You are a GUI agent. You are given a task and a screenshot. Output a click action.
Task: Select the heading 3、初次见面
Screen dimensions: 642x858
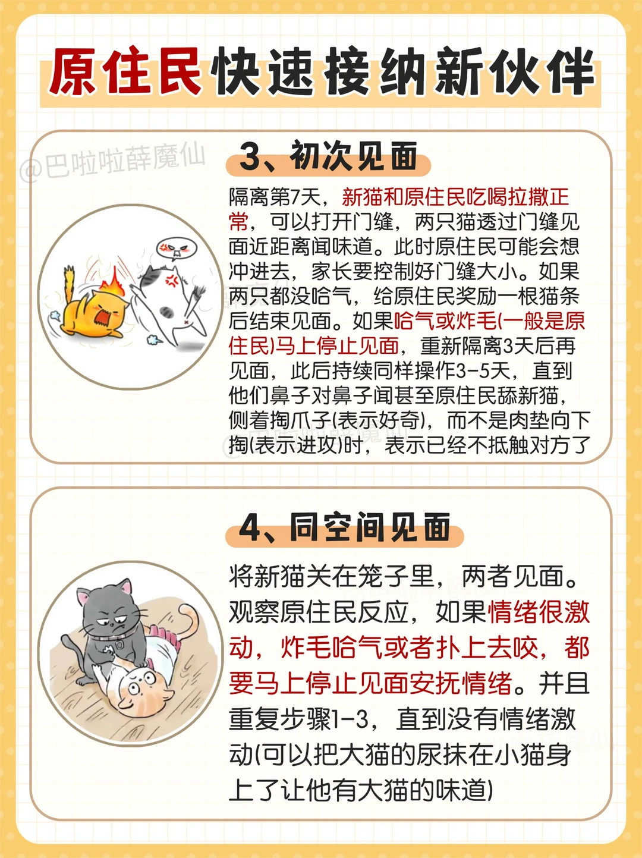pyautogui.click(x=328, y=156)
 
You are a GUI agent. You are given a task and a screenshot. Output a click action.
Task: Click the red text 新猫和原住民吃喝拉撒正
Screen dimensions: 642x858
pyautogui.click(x=455, y=197)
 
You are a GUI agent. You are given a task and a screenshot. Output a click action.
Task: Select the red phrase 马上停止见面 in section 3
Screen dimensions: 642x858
pyautogui.click(x=337, y=345)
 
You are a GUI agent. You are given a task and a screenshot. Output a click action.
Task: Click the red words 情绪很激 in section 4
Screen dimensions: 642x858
pyautogui.click(x=539, y=612)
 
